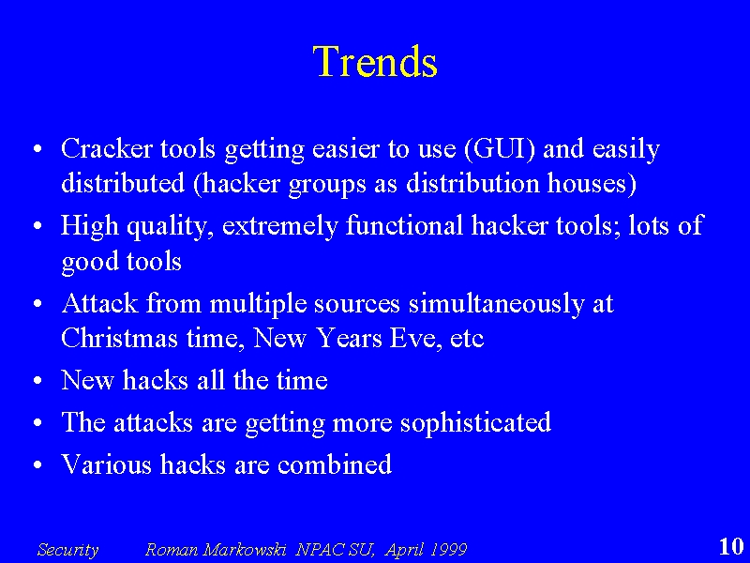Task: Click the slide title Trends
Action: [375, 61]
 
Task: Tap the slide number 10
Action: [731, 546]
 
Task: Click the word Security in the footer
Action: [67, 550]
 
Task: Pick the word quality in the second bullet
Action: [171, 226]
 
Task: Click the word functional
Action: [404, 224]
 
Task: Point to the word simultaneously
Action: [496, 304]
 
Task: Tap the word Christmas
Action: [120, 338]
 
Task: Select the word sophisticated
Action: [475, 423]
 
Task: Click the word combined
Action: [335, 464]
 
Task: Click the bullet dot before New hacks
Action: [38, 381]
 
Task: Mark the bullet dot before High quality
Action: [38, 226]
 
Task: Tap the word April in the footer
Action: [404, 550]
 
